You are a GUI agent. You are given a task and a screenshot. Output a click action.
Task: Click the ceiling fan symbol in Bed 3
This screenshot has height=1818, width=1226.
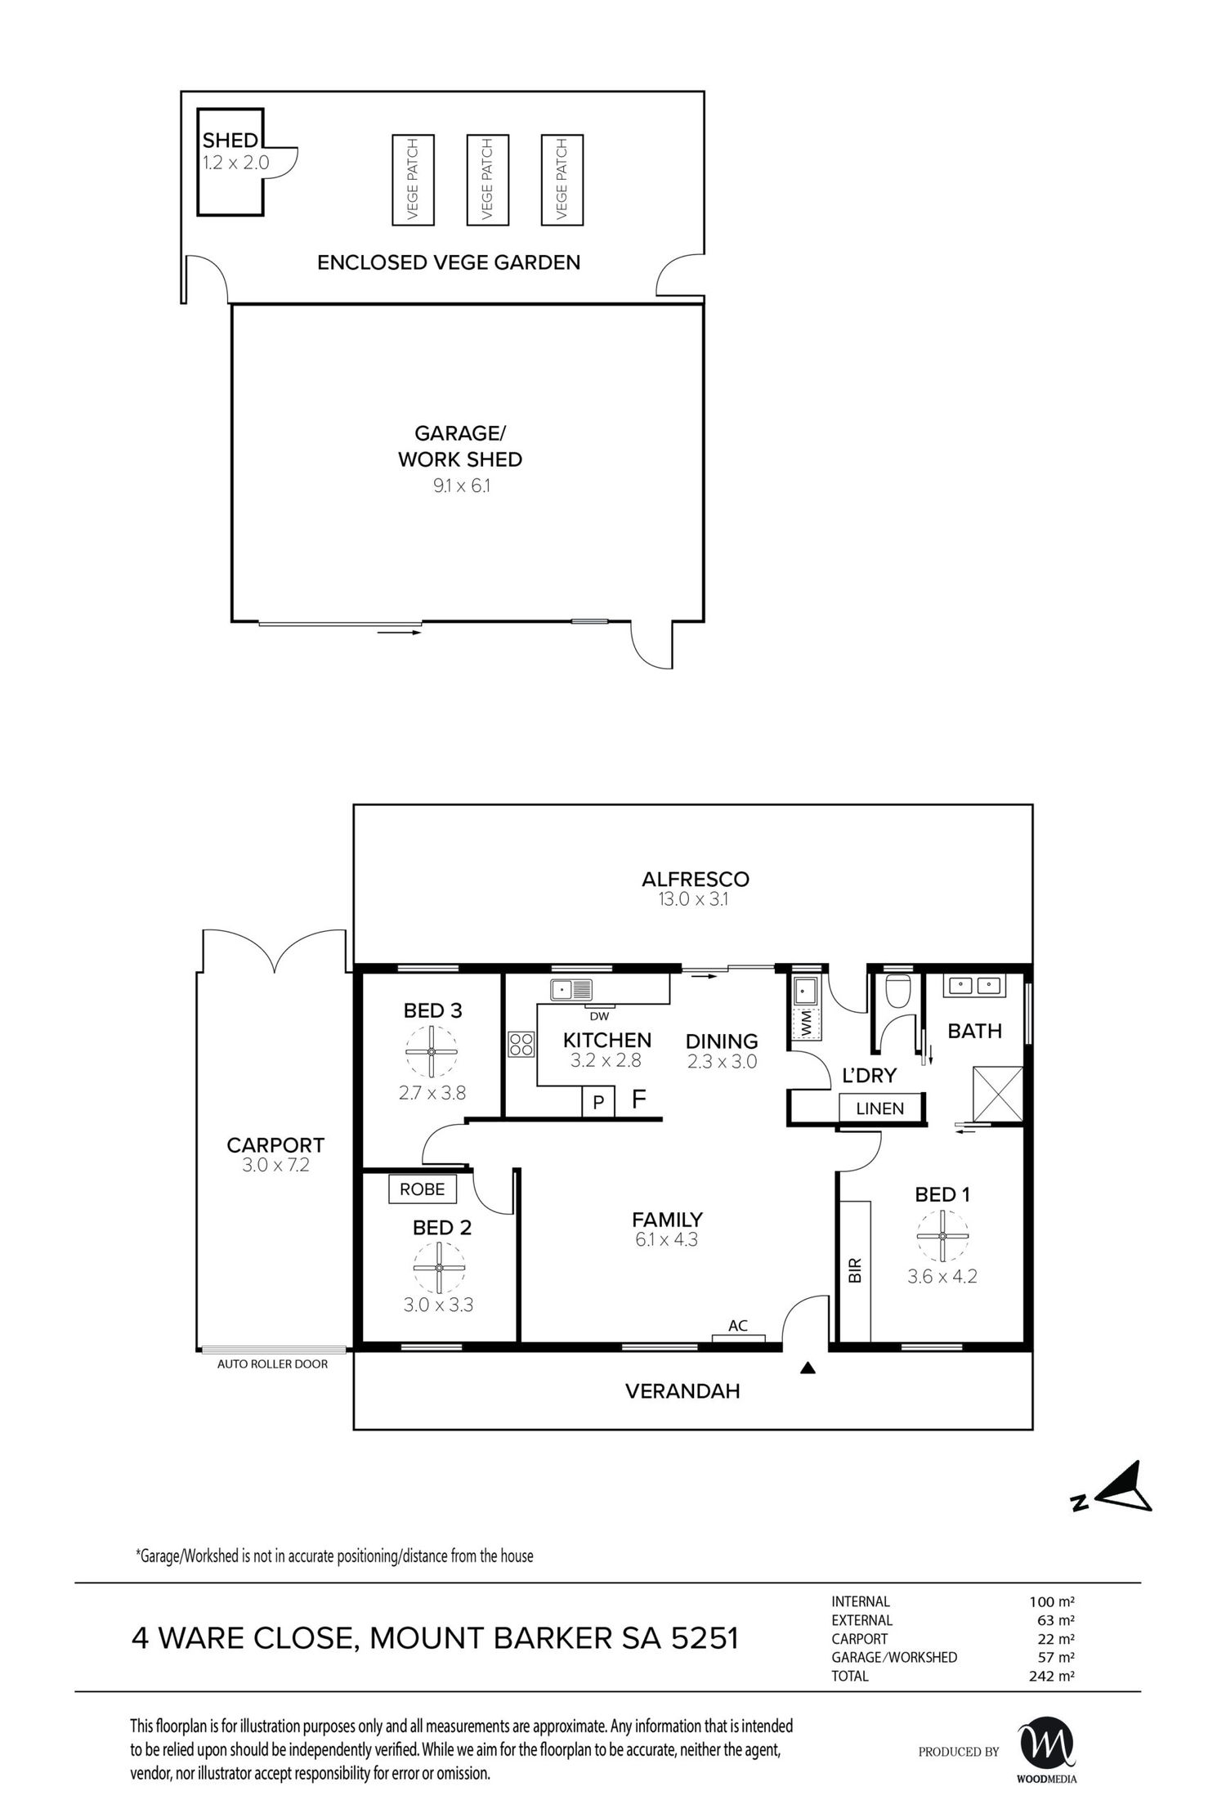pos(432,1051)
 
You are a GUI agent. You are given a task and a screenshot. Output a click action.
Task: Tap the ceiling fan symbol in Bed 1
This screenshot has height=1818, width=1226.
pos(942,1235)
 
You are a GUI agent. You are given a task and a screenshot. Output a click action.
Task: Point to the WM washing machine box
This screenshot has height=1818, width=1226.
pos(805,1023)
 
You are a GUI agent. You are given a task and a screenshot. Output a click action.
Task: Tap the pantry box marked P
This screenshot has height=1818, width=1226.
pos(598,1103)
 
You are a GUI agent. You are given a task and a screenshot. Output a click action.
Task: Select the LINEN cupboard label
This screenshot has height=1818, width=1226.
pos(880,1108)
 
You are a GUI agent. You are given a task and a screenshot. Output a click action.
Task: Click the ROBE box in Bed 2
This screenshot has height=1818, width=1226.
pos(422,1189)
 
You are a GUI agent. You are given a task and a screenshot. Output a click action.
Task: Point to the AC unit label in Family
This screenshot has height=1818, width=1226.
pos(738,1326)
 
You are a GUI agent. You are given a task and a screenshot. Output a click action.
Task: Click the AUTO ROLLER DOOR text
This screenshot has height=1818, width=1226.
pos(272,1363)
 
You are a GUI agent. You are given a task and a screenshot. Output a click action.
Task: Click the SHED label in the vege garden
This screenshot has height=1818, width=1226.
pos(230,141)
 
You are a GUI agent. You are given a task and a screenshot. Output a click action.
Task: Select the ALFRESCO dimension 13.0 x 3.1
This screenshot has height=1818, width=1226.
pos(696,899)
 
